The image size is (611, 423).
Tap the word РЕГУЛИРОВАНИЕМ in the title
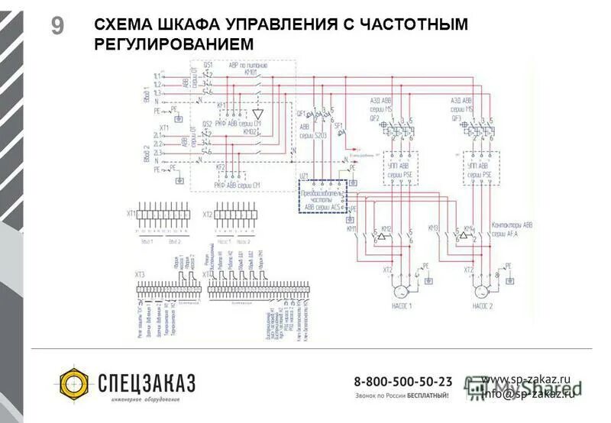(173, 45)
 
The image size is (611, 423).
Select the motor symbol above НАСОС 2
(481, 292)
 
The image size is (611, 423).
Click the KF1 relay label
(221, 104)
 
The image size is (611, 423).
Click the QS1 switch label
(207, 66)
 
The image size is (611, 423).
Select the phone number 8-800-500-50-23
(402, 380)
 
